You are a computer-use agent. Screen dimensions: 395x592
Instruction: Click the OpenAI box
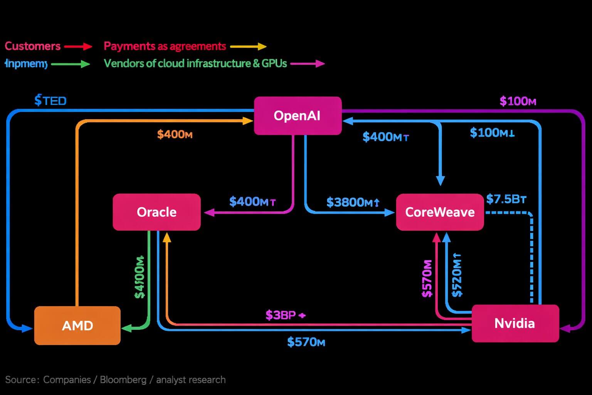(x=298, y=116)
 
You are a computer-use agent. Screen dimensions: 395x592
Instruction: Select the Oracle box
(x=156, y=212)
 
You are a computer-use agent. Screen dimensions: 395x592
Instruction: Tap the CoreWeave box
(x=440, y=212)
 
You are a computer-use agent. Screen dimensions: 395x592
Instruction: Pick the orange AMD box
(x=77, y=326)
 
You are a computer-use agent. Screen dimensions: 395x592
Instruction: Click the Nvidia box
(x=515, y=323)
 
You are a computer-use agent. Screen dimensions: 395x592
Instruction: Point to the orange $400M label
(x=175, y=135)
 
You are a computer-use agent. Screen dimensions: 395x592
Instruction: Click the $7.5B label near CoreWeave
(x=506, y=199)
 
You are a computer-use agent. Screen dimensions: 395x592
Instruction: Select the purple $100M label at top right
(x=518, y=101)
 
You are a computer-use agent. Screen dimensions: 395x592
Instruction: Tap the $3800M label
(x=353, y=202)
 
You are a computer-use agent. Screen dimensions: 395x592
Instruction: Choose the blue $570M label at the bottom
(x=306, y=342)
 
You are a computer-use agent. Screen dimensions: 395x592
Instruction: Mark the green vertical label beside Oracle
(x=140, y=277)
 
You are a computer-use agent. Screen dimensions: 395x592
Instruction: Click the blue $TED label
(x=50, y=101)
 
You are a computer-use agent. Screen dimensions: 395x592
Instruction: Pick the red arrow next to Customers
(x=78, y=47)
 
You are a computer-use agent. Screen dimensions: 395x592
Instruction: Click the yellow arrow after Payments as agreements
(x=248, y=47)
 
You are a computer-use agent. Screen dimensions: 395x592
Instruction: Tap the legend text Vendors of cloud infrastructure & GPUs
(x=195, y=64)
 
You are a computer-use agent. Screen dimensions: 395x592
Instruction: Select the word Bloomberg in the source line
(x=123, y=380)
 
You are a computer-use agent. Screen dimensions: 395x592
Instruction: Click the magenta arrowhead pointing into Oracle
(x=209, y=213)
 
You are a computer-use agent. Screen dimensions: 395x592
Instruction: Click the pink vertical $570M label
(x=427, y=279)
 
